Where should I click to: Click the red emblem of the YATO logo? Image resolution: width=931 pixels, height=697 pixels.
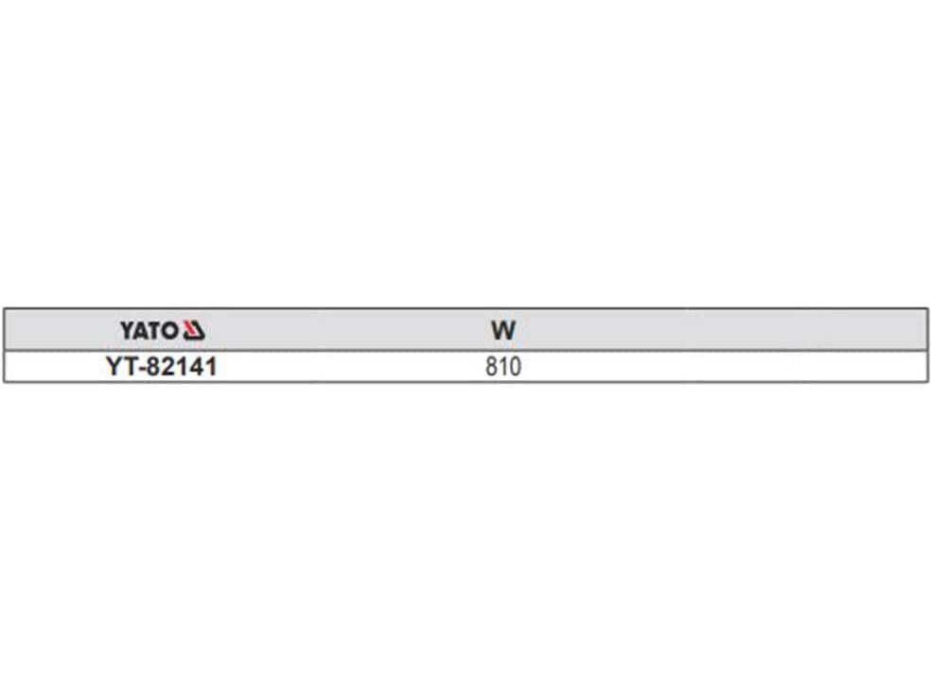pos(194,331)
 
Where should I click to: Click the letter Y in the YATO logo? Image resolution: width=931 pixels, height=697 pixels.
pos(127,331)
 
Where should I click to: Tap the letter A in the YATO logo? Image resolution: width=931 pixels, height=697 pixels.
pos(141,331)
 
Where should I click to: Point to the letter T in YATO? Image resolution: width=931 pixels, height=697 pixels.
pos(154,331)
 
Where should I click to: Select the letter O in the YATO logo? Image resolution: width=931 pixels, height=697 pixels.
pos(169,331)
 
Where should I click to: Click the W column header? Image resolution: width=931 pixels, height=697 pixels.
pos(503,331)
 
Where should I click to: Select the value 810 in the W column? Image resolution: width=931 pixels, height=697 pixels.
pos(503,366)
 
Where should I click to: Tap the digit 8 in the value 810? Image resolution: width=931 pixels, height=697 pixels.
pos(492,366)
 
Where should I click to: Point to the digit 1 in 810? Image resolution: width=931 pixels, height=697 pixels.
pos(503,366)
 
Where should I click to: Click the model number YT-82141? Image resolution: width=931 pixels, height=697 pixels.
pos(162,366)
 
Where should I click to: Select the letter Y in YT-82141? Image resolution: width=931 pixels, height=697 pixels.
pos(114,366)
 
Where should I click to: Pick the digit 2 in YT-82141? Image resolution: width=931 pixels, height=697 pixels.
pos(167,366)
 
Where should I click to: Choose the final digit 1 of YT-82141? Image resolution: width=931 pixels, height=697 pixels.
pos(210,366)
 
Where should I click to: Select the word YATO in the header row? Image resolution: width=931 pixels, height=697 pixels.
pos(149,331)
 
